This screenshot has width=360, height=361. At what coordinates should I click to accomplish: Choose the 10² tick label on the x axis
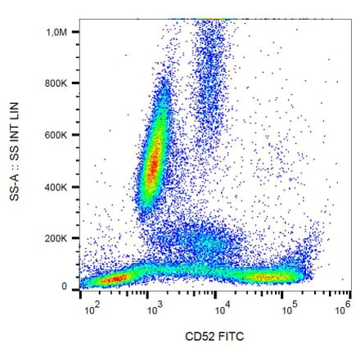click(93, 309)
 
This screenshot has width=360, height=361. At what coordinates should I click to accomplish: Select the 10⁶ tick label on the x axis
click(342, 309)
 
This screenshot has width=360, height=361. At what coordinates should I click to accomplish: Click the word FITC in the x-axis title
click(234, 336)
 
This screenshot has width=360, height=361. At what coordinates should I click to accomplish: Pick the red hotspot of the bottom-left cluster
click(115, 279)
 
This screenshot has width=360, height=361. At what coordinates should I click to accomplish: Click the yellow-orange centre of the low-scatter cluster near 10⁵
click(270, 276)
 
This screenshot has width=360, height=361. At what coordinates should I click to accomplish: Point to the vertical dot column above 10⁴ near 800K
click(211, 82)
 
